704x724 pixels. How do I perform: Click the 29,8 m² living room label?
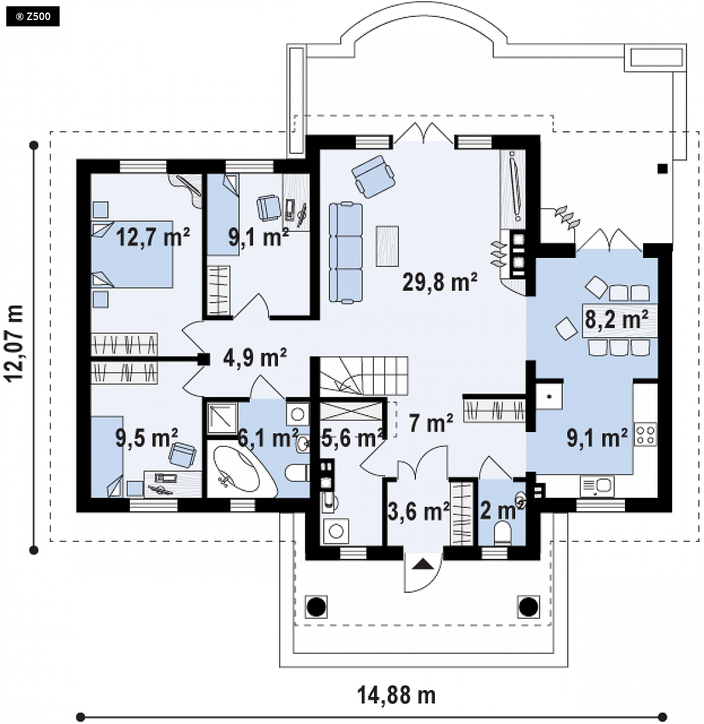[x=440, y=281]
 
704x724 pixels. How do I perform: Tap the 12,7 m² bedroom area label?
[x=152, y=237]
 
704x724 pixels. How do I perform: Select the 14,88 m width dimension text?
[x=397, y=695]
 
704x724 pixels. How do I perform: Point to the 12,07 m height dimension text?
[x=14, y=343]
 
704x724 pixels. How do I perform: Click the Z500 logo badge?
[x=33, y=17]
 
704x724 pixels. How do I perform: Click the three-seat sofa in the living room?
[x=346, y=253]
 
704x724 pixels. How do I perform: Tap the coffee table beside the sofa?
[x=387, y=246]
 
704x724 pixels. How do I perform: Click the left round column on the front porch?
[x=316, y=606]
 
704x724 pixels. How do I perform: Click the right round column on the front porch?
[x=528, y=606]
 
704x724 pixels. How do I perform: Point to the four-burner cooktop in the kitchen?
[x=646, y=435]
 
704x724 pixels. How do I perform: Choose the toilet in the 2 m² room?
[x=503, y=533]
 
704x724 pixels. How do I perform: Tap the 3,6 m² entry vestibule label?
[x=419, y=512]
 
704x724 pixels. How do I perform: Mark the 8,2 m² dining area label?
[x=616, y=319]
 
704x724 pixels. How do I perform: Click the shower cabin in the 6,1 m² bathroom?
[x=222, y=418]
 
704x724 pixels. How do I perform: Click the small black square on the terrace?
[x=663, y=169]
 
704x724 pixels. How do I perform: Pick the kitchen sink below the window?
[x=597, y=487]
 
